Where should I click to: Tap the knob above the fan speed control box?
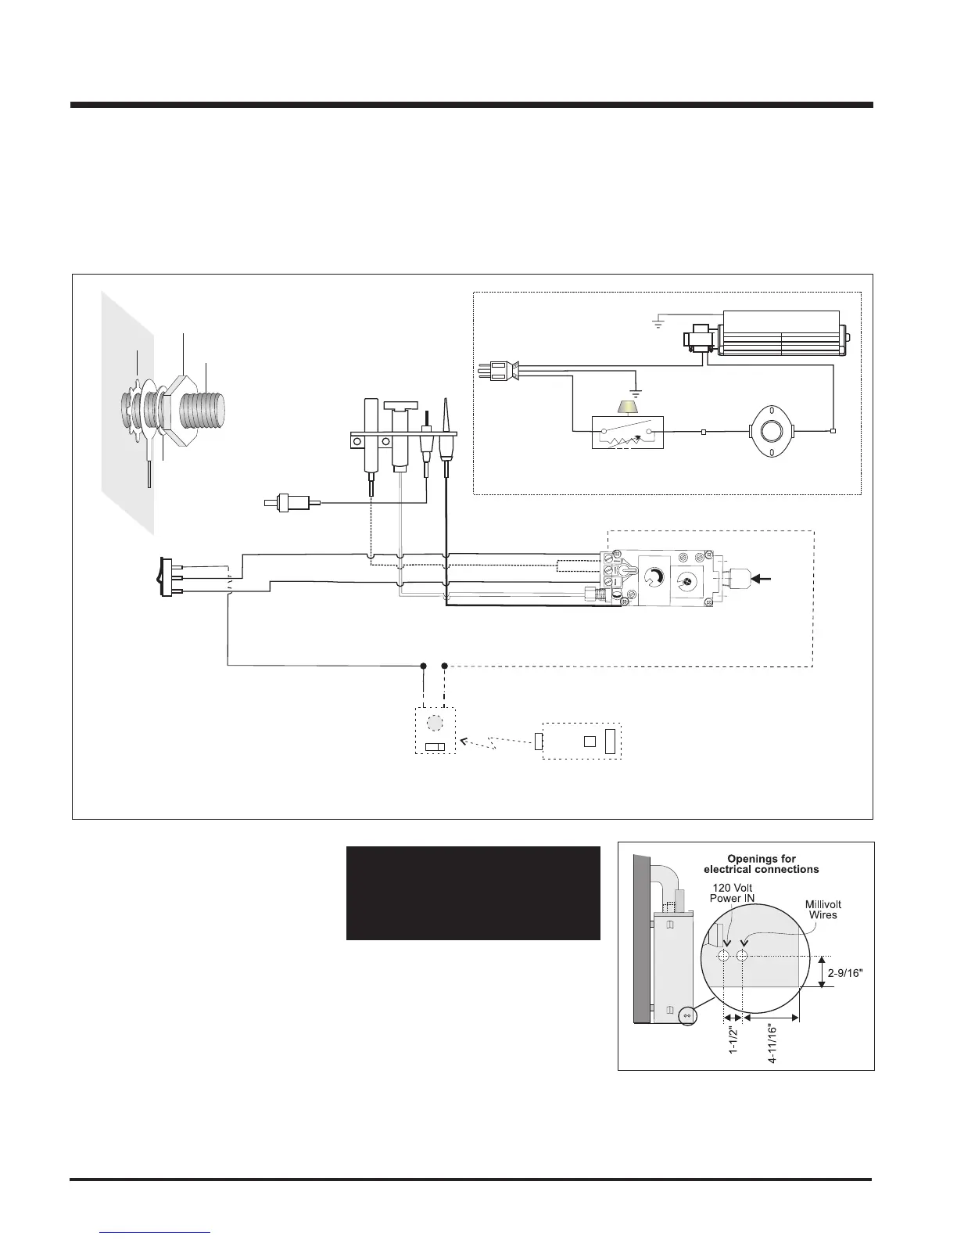(625, 407)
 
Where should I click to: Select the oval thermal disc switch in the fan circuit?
(772, 431)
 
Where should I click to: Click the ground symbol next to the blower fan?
(659, 320)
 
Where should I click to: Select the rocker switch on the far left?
(166, 577)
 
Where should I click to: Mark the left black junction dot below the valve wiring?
(423, 666)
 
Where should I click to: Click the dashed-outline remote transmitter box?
(582, 740)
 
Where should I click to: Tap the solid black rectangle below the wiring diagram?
(473, 892)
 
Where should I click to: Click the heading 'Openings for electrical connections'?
(761, 864)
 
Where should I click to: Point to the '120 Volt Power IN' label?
(732, 892)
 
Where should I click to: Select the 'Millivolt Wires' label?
(823, 910)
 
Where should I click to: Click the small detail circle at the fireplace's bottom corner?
(688, 1015)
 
